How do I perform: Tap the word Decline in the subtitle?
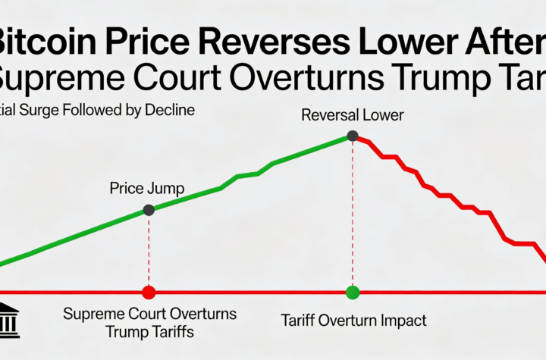coord(170,110)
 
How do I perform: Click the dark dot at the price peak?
coord(352,136)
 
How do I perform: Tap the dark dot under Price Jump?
coord(149,210)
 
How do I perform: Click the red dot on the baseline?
coord(149,292)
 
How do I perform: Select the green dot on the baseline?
coord(352,292)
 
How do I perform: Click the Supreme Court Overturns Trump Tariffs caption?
coord(149,322)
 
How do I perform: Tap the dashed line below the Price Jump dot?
coord(149,250)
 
